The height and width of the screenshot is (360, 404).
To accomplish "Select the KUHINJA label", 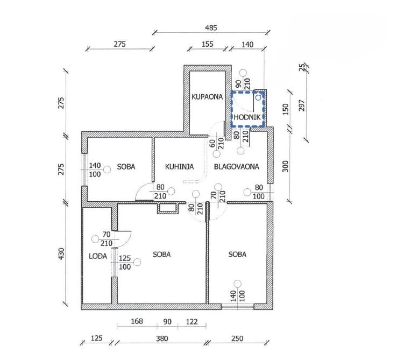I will (x=179, y=167).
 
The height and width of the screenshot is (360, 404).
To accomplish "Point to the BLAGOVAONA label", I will (x=236, y=167).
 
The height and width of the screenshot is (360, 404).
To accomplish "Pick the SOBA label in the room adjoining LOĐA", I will (x=161, y=255).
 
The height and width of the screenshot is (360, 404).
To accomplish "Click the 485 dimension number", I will (x=211, y=28).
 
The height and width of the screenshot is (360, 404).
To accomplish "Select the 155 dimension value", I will (x=208, y=45).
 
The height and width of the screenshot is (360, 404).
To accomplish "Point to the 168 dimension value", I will (x=137, y=322).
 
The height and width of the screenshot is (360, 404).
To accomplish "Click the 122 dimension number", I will (x=192, y=322).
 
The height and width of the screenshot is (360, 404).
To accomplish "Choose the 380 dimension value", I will (x=161, y=338).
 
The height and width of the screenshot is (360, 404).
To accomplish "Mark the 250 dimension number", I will (x=237, y=338).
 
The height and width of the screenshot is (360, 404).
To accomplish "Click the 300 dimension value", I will (x=286, y=167).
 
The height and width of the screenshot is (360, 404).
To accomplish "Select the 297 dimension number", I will (x=302, y=106).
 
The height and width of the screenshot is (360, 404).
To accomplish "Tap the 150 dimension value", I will (x=286, y=110).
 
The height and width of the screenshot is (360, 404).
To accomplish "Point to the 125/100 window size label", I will (x=125, y=262).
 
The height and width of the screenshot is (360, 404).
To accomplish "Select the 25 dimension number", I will (x=302, y=67).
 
